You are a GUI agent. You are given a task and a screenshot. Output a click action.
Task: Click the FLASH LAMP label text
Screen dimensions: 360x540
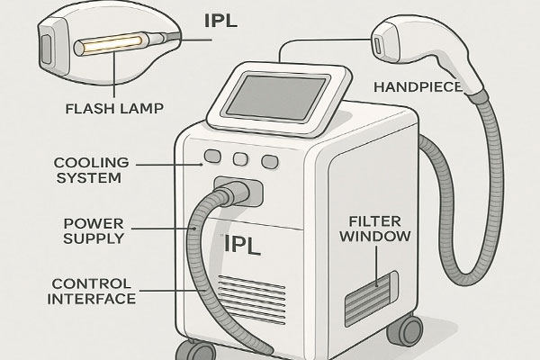point(113,111)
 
